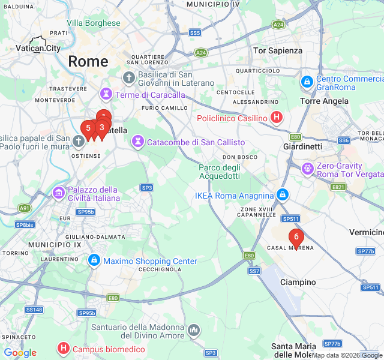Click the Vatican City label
(38, 48)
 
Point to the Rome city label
(88, 61)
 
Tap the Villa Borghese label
(93, 23)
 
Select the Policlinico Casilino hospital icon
(276, 118)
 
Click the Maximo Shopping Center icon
(94, 261)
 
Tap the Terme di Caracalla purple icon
(106, 94)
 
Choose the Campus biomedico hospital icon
(63, 349)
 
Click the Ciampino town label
(298, 282)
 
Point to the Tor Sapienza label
(278, 50)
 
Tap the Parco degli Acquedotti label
(220, 171)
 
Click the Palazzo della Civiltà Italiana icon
(59, 193)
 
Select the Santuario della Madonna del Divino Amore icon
(194, 331)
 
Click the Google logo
(20, 353)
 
